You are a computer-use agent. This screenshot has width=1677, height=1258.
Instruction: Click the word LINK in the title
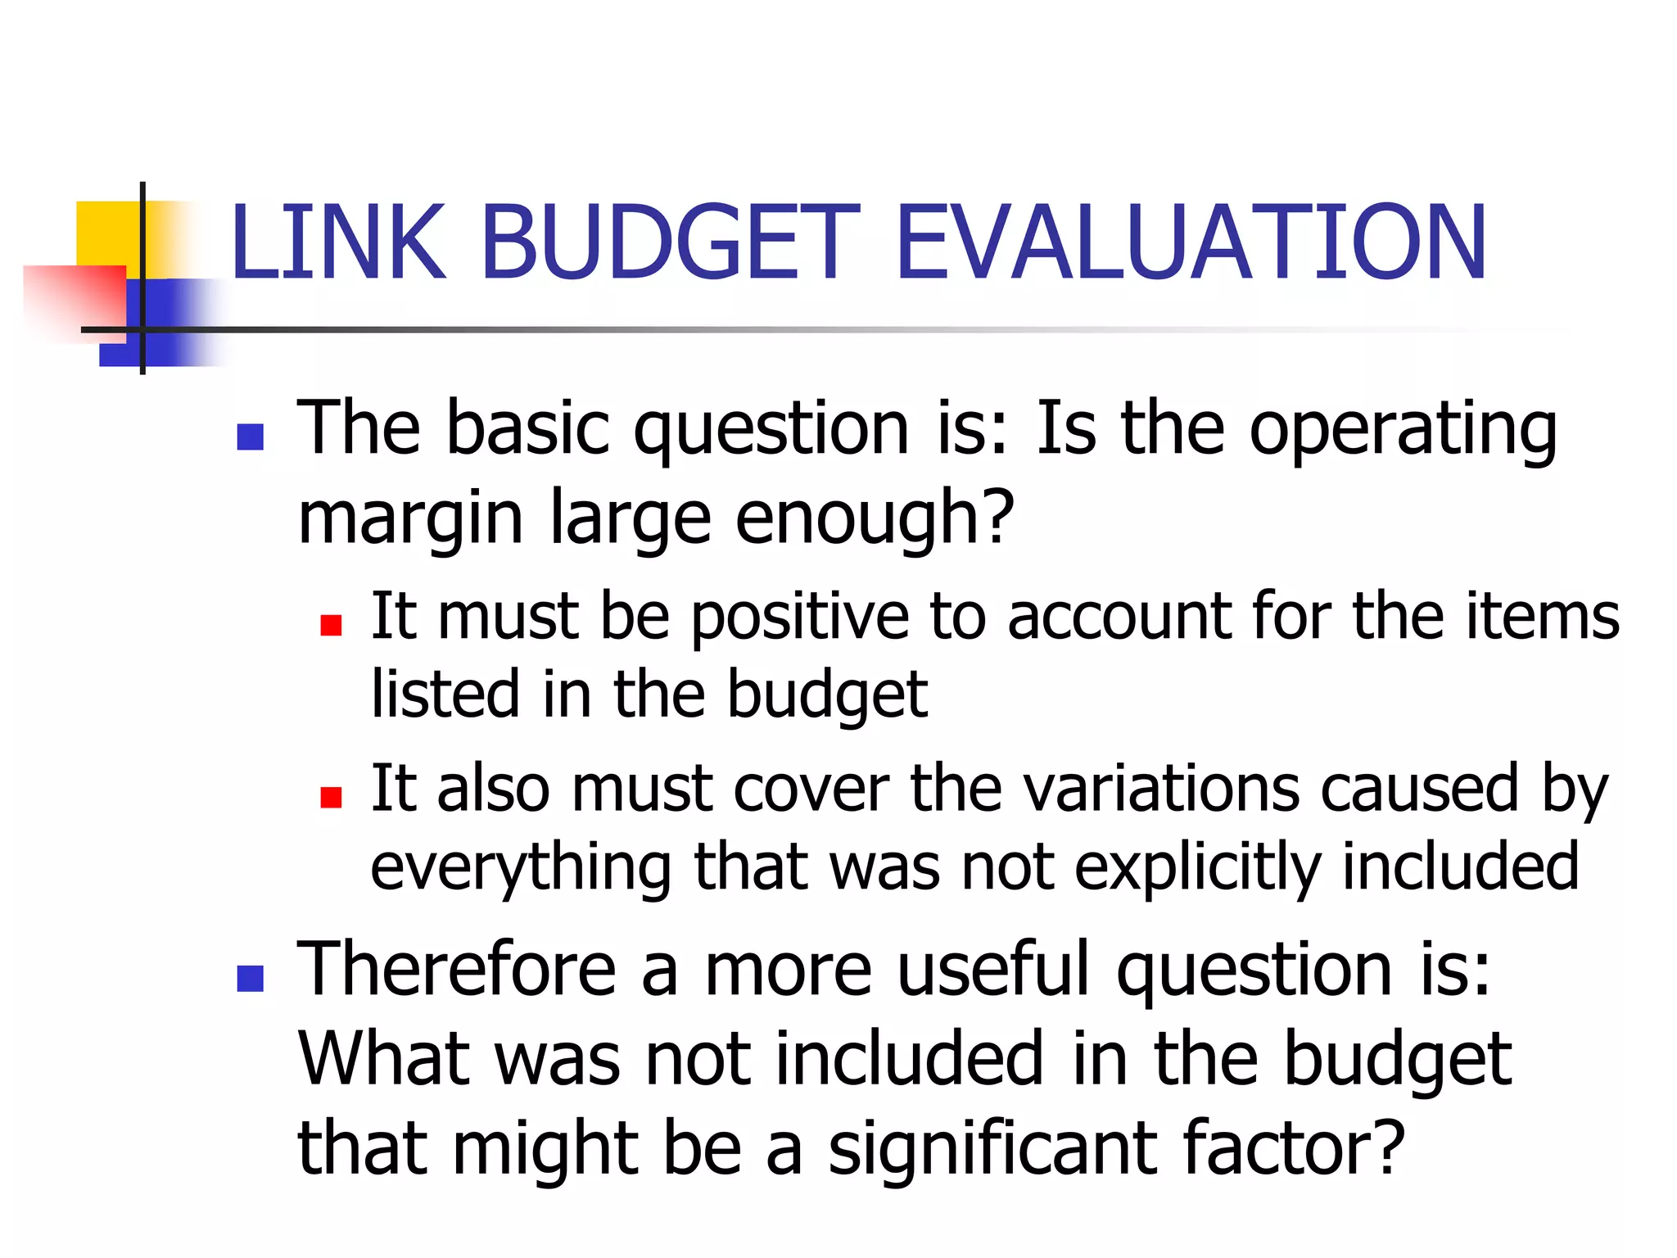pyautogui.click(x=338, y=242)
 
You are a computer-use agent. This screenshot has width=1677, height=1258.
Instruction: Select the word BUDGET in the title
pyautogui.click(x=670, y=242)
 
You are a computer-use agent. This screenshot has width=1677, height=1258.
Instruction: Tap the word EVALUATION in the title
pyautogui.click(x=1191, y=242)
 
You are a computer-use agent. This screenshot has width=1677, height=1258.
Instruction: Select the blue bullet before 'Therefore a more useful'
pyautogui.click(x=250, y=978)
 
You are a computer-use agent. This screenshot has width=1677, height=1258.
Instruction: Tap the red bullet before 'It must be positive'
pyautogui.click(x=331, y=626)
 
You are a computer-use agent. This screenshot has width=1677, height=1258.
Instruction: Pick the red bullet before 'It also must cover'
pyautogui.click(x=331, y=797)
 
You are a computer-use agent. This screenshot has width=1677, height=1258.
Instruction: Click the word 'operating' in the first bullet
pyautogui.click(x=1402, y=432)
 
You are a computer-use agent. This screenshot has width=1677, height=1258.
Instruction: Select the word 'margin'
pyautogui.click(x=409, y=521)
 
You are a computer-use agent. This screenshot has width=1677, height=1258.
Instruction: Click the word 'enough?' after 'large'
pyautogui.click(x=875, y=519)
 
